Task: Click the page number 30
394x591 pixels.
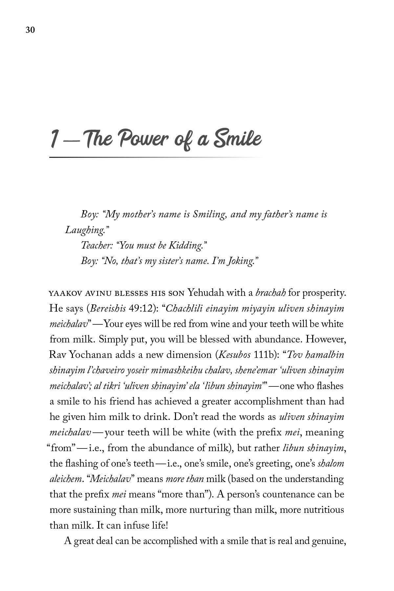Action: pos(30,30)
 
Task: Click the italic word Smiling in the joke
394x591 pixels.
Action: pos(209,215)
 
